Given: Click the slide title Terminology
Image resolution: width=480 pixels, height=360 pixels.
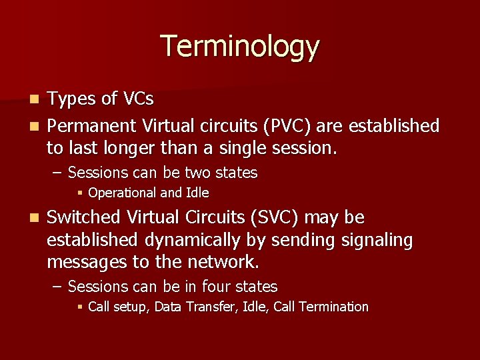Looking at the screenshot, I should point(240,47).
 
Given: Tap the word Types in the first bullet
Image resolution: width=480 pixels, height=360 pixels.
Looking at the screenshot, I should point(72,100).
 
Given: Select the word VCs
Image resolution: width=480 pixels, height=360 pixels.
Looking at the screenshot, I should point(137,100).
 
